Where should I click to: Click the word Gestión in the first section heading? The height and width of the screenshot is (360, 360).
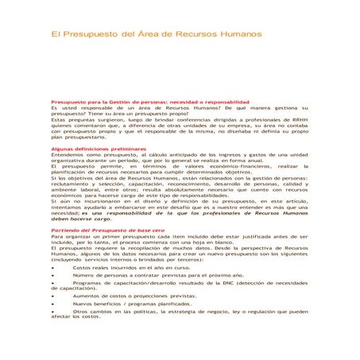coord(115,103)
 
